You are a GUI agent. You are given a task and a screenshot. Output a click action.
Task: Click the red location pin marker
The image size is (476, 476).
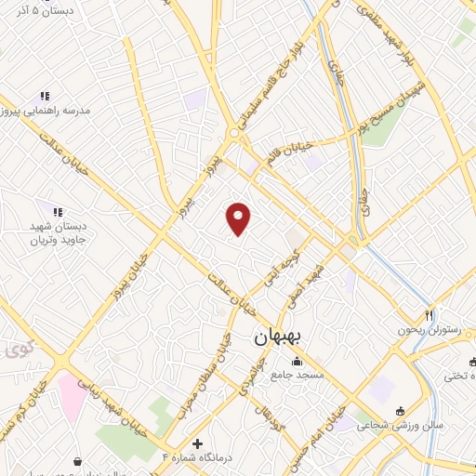coord(239,218)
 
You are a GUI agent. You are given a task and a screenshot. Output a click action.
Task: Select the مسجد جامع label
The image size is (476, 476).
coord(297,376)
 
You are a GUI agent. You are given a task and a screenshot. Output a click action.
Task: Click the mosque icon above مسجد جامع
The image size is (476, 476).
coord(297,362)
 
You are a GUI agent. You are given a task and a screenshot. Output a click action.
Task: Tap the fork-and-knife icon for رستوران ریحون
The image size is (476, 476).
coord(429,315)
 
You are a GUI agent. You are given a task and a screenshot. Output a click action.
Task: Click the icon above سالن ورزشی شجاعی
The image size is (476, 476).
coord(399,411)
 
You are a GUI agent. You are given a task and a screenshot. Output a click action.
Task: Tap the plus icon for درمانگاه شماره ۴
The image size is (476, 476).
coord(197,443)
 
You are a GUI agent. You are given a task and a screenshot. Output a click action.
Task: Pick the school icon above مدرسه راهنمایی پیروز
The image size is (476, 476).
coord(44,96)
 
